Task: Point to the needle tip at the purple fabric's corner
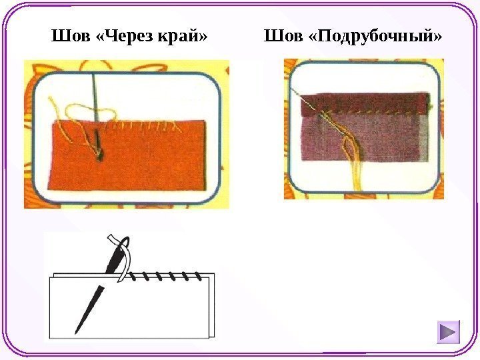click(x=294, y=91)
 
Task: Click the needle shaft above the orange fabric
click(x=95, y=97)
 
